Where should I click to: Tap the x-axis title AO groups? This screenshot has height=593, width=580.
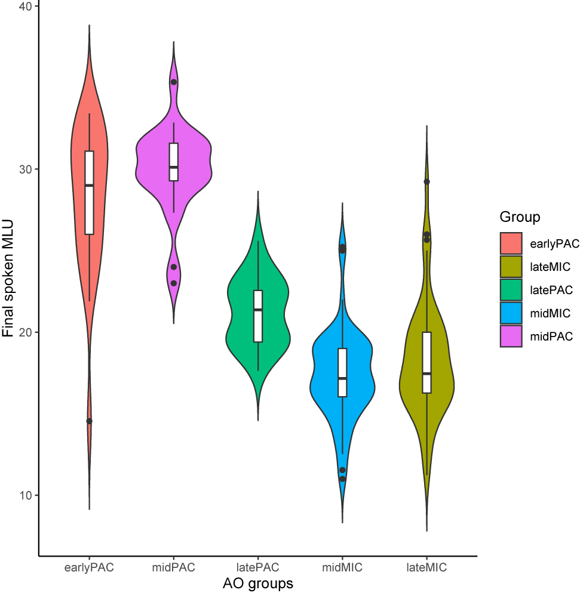257,582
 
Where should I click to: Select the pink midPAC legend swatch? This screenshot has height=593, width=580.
511,336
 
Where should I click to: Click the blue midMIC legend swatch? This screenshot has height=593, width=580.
511,313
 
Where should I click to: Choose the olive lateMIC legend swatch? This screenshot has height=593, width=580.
511,267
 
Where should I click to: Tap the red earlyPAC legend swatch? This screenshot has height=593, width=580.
511,243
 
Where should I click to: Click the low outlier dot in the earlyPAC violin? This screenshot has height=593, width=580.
89,421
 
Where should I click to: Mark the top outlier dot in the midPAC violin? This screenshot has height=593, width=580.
174,82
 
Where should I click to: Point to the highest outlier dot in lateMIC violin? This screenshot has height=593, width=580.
426,181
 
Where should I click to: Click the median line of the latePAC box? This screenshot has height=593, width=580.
258,310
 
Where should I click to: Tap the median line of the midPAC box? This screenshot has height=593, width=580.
174,168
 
